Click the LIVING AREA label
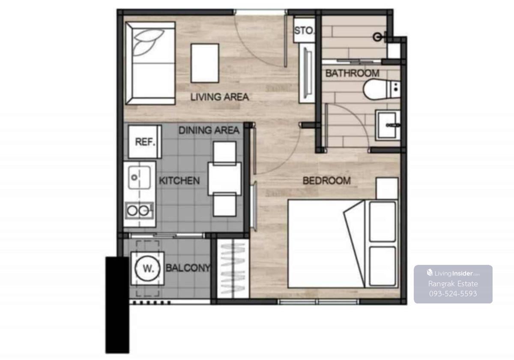(220, 97)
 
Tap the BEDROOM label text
(326, 181)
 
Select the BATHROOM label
(352, 73)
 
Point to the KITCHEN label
(179, 181)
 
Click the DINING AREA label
(209, 130)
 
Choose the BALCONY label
(188, 268)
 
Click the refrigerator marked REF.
(145, 142)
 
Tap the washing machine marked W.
(147, 268)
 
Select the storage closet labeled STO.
(304, 30)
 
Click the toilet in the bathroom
(381, 90)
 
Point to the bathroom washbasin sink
(388, 125)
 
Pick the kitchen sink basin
(139, 178)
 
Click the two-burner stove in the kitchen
(139, 210)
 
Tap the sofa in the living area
(150, 63)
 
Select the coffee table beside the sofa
(205, 63)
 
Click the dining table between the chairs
(224, 179)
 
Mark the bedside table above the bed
(387, 188)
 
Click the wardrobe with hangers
(233, 268)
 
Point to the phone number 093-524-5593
(453, 294)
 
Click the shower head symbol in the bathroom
(378, 37)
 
